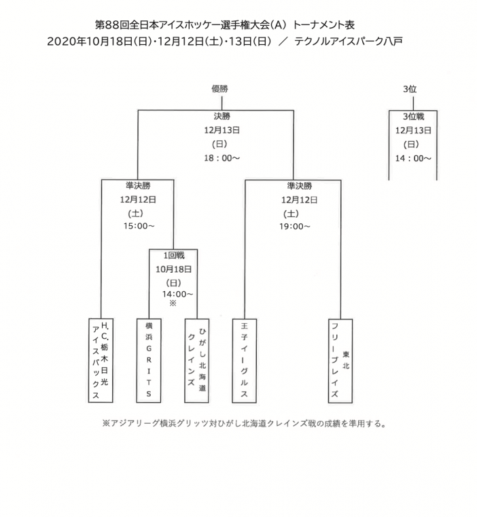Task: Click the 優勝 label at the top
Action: coord(219,88)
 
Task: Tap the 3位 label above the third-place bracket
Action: coord(410,89)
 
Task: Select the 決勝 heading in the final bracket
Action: coord(222,116)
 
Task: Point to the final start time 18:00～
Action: coord(222,158)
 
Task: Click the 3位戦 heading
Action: coord(413,116)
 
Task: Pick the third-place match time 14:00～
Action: coord(413,159)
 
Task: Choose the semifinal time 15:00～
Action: coord(139,226)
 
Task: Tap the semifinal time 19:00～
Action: coord(295,227)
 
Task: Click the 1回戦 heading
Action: coord(174,255)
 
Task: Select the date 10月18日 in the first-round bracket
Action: coord(173,269)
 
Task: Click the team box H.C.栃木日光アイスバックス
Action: coord(101,361)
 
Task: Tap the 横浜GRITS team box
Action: coord(149,361)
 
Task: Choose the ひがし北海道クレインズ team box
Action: coord(196,361)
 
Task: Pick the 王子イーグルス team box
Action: coord(245,361)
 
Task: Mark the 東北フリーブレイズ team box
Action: coord(340,361)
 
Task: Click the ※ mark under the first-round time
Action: coord(173,303)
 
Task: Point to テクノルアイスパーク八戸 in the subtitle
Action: coord(348,41)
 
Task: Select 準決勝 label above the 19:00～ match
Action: coord(300,186)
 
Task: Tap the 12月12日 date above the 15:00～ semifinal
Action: coord(138,199)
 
